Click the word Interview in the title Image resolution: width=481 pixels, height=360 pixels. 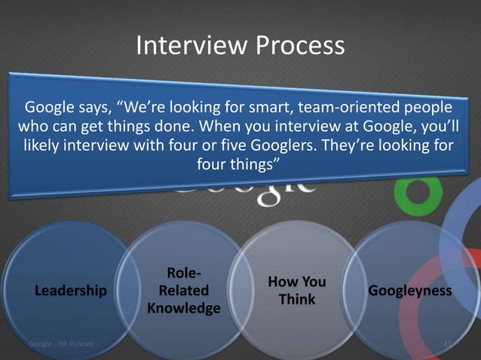tap(190, 47)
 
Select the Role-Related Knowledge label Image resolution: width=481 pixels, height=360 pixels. tap(184, 291)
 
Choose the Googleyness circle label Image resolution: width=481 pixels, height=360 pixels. tap(410, 291)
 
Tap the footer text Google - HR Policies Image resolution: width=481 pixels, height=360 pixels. tap(61, 344)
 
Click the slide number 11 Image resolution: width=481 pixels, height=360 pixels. tap(449, 344)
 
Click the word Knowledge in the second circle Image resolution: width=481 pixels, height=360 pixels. tap(184, 309)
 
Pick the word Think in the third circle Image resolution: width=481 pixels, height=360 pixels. tap(297, 300)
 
